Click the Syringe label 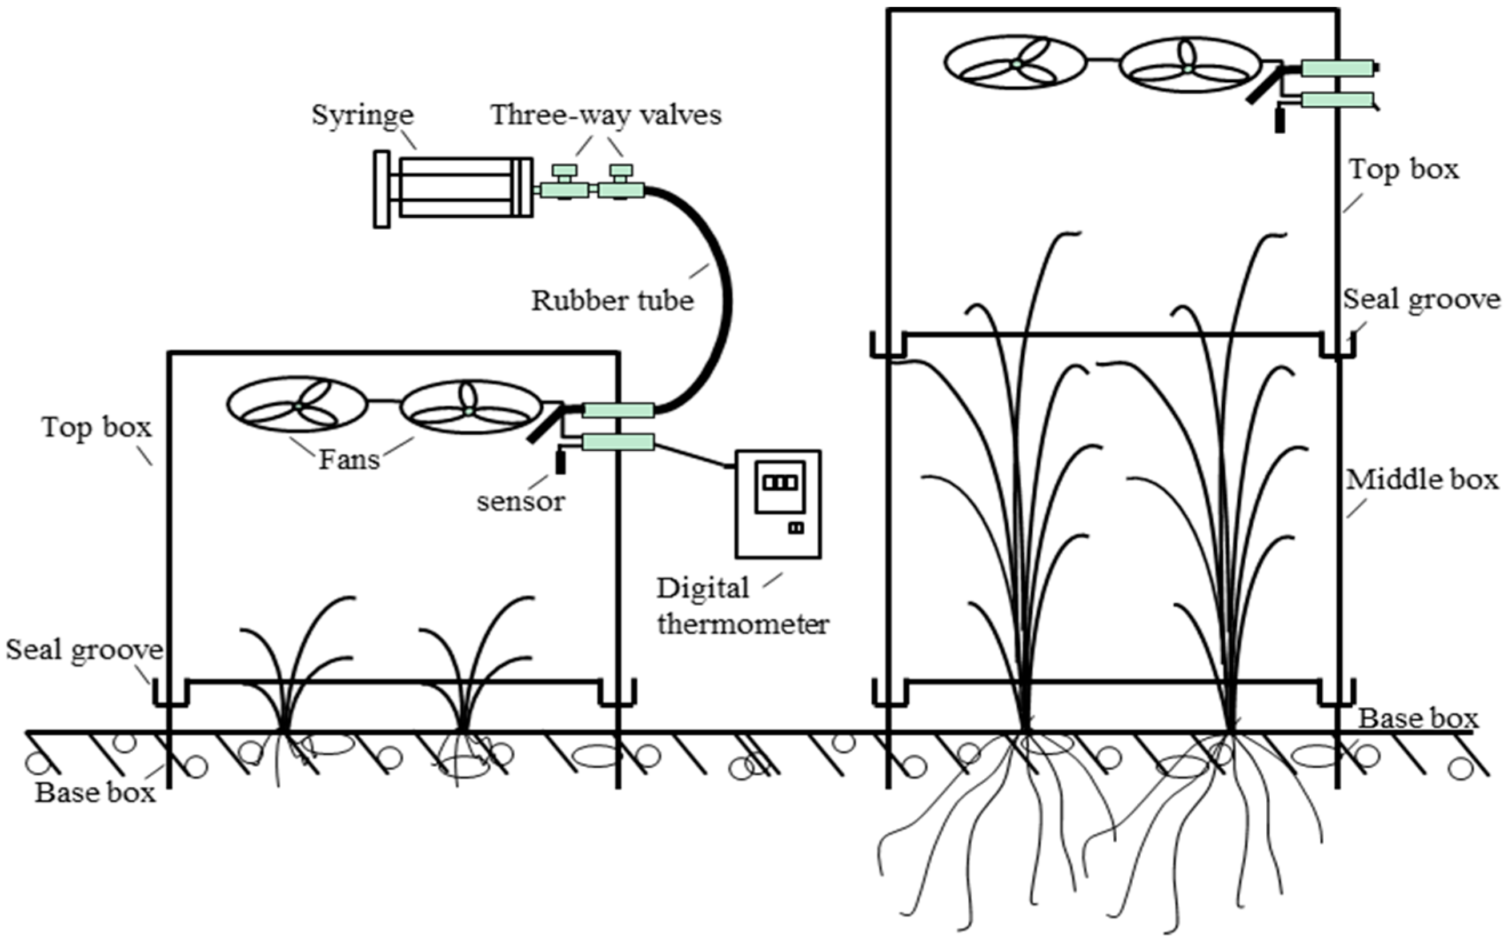[362, 115]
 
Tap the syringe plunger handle [381, 189]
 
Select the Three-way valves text [605, 115]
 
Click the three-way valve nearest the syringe [564, 189]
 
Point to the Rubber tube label [612, 301]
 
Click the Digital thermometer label [742, 606]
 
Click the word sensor [520, 501]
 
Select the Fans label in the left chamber [349, 460]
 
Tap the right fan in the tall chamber [1189, 65]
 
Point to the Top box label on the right [1403, 169]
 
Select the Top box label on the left [97, 427]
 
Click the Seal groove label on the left [85, 650]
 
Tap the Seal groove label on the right [1422, 299]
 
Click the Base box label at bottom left [95, 792]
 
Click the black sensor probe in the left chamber [560, 461]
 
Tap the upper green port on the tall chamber [1337, 67]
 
